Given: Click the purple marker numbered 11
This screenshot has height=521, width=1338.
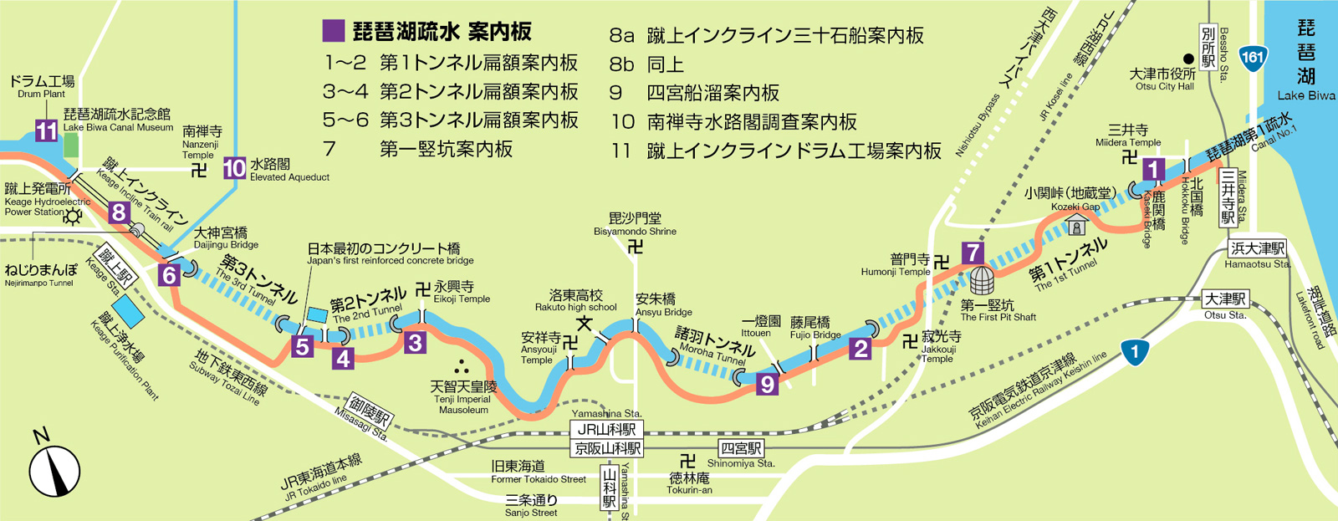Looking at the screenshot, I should [46, 131].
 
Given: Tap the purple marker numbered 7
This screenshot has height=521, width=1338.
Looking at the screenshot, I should [972, 252].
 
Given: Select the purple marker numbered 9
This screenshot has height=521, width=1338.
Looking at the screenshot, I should [767, 384].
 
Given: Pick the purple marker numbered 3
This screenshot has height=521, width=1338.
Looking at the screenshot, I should [415, 341].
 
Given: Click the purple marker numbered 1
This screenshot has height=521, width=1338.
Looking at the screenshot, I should [1154, 170].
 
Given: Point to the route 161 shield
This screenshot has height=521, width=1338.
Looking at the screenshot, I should [1252, 58].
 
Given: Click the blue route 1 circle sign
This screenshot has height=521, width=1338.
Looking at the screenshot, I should [1134, 352].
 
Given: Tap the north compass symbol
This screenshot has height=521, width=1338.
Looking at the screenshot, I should [55, 471].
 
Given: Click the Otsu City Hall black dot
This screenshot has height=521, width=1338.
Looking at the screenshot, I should [1187, 59].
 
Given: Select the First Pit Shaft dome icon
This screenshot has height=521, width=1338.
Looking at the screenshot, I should [982, 281].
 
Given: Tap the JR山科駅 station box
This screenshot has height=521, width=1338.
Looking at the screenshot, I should [607, 429].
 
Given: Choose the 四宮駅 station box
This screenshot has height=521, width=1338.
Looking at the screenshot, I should [741, 448].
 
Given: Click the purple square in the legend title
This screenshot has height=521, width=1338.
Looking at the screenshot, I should [334, 32].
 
